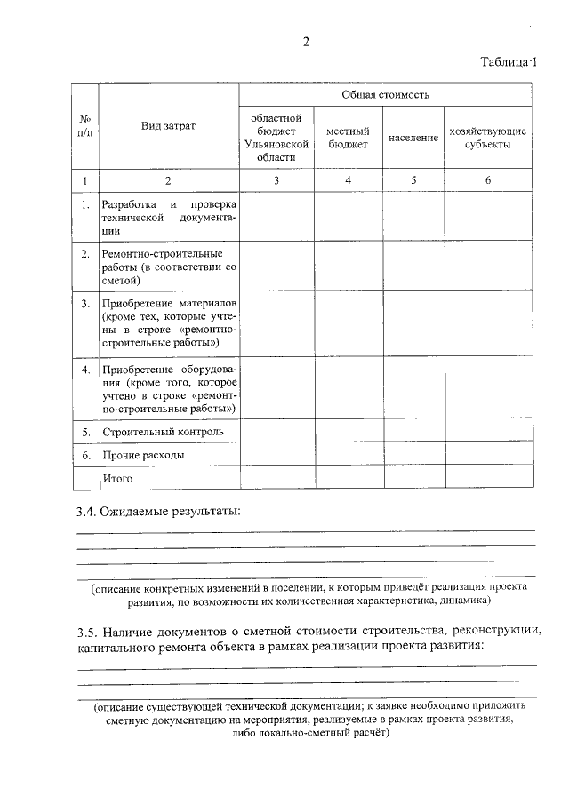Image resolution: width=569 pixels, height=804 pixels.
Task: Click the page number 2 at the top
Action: (x=305, y=42)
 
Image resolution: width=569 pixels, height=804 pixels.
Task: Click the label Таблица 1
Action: (x=509, y=62)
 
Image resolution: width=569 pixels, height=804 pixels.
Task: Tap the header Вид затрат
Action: (x=168, y=126)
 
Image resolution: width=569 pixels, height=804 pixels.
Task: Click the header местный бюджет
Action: (x=348, y=138)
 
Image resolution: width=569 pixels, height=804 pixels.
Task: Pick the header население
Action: (x=413, y=139)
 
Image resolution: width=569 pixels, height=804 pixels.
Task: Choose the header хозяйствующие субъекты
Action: (x=488, y=138)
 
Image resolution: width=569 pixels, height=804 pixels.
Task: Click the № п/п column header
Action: (x=85, y=126)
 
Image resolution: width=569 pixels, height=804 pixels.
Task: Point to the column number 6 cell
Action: (x=488, y=181)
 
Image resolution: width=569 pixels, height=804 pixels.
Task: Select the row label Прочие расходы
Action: (x=143, y=455)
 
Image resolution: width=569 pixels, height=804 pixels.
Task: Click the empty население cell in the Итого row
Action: (x=413, y=478)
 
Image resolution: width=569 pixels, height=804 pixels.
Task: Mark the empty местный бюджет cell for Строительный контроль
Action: (x=348, y=432)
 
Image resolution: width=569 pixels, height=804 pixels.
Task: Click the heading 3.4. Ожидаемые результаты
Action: (x=158, y=512)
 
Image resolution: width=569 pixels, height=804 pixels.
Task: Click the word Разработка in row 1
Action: (x=131, y=205)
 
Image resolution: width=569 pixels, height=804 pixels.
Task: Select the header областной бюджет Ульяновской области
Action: (x=276, y=137)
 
